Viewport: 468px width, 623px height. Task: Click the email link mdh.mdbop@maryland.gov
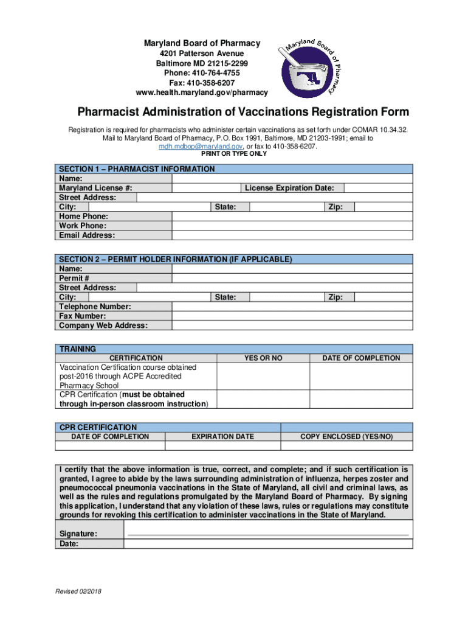tap(201, 147)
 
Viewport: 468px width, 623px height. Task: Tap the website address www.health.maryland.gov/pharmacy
tap(202, 92)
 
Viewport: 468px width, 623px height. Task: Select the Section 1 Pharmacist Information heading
tap(137, 169)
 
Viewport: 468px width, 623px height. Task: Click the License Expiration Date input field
tap(377, 188)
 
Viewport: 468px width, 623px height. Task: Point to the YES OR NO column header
tap(263, 358)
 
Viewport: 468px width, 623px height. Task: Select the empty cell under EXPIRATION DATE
tap(222, 445)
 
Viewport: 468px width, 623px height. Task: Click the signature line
tap(267, 534)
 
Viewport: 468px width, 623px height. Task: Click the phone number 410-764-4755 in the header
tap(202, 73)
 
